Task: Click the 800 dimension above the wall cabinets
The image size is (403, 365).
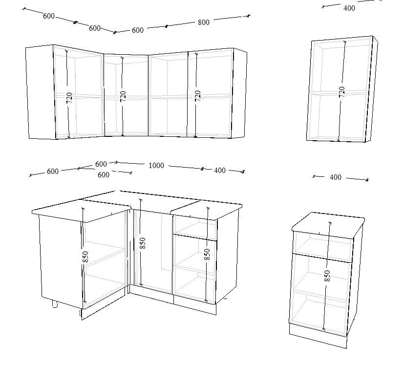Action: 204,22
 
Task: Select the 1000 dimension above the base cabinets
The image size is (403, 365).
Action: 156,165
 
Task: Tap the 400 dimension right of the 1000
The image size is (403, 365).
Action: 220,170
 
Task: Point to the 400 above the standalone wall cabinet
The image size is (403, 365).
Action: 349,8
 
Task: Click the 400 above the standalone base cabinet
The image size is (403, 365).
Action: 336,177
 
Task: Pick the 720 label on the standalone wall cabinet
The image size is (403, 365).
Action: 341,92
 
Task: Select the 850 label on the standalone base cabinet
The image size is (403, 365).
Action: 327,276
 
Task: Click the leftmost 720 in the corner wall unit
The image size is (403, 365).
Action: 69,98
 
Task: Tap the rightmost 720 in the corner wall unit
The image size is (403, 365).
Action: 197,96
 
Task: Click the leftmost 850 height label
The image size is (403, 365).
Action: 85,257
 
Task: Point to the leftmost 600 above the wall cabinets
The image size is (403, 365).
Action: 48,16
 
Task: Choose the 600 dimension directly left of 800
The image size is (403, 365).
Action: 137,30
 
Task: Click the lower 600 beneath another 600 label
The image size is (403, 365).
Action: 104,175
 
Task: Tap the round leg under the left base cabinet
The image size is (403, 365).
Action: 55,304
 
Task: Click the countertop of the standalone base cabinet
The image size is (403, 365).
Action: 329,225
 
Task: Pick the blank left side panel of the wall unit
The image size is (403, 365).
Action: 41,92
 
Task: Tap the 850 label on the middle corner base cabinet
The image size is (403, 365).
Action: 143,243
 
